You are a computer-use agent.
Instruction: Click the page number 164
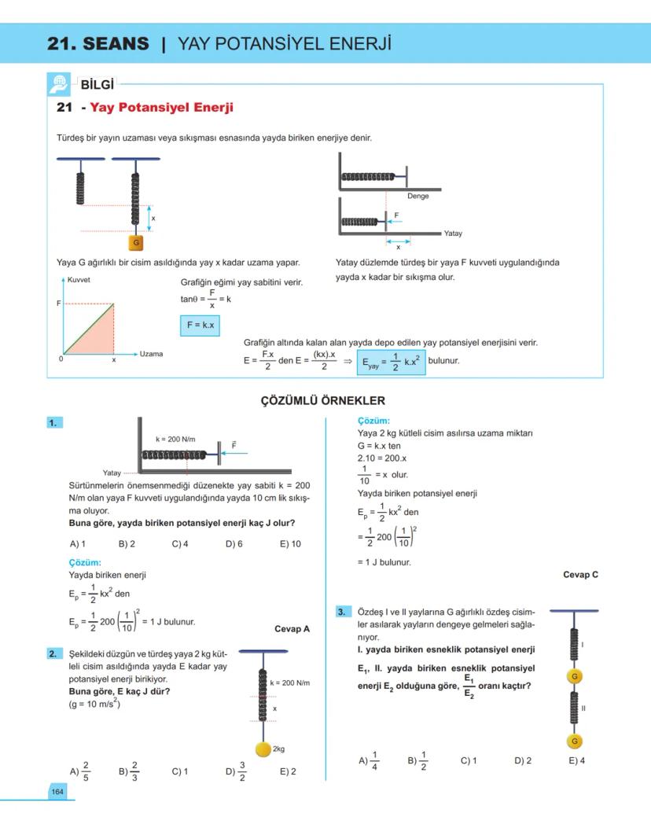pos(57,791)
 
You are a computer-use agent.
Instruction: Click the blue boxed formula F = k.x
pos(200,325)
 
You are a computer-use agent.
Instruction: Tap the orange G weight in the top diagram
pos(137,243)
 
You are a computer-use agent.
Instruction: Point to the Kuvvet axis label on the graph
pos(79,280)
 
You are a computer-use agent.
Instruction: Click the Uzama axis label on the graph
pos(151,354)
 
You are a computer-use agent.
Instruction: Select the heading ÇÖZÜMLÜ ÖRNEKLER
pos(323,400)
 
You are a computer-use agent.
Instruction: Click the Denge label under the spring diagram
pos(417,196)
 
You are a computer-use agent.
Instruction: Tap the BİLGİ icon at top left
pos(60,83)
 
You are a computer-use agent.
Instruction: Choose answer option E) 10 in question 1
pos(290,543)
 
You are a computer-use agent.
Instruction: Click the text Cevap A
pos(292,629)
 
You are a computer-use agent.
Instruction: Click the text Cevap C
pos(580,575)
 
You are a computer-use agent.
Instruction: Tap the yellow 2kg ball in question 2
pos(262,749)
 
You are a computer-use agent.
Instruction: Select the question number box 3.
pos(342,611)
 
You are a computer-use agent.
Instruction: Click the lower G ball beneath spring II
pos(575,742)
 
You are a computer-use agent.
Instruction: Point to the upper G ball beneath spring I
pos(575,676)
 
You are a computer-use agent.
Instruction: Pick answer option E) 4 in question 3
pos(576,760)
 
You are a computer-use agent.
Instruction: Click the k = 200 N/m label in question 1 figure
pos(175,437)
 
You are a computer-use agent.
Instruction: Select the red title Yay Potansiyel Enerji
pos(161,108)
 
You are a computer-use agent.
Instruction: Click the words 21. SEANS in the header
pos(97,44)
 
